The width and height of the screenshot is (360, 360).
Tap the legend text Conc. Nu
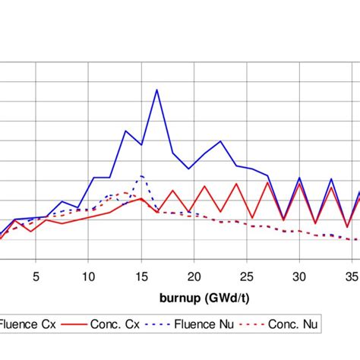pos(295,324)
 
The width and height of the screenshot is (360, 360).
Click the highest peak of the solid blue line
pos(157,90)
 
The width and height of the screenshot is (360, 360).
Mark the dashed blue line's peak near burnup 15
pos(141,176)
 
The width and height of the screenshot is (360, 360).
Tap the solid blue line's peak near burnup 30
pos(299,178)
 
